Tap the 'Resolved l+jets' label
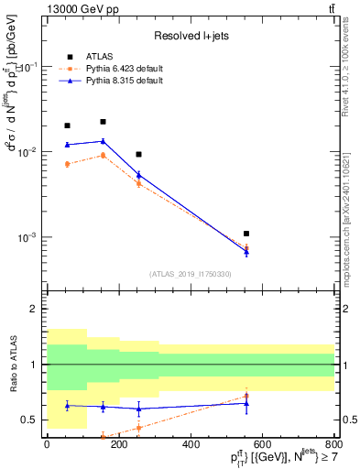[x=190, y=37]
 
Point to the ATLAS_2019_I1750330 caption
[x=190, y=273]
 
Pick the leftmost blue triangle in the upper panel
[x=67, y=145]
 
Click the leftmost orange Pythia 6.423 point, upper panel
[x=67, y=164]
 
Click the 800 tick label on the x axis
[x=333, y=445]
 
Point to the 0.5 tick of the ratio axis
[x=35, y=420]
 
